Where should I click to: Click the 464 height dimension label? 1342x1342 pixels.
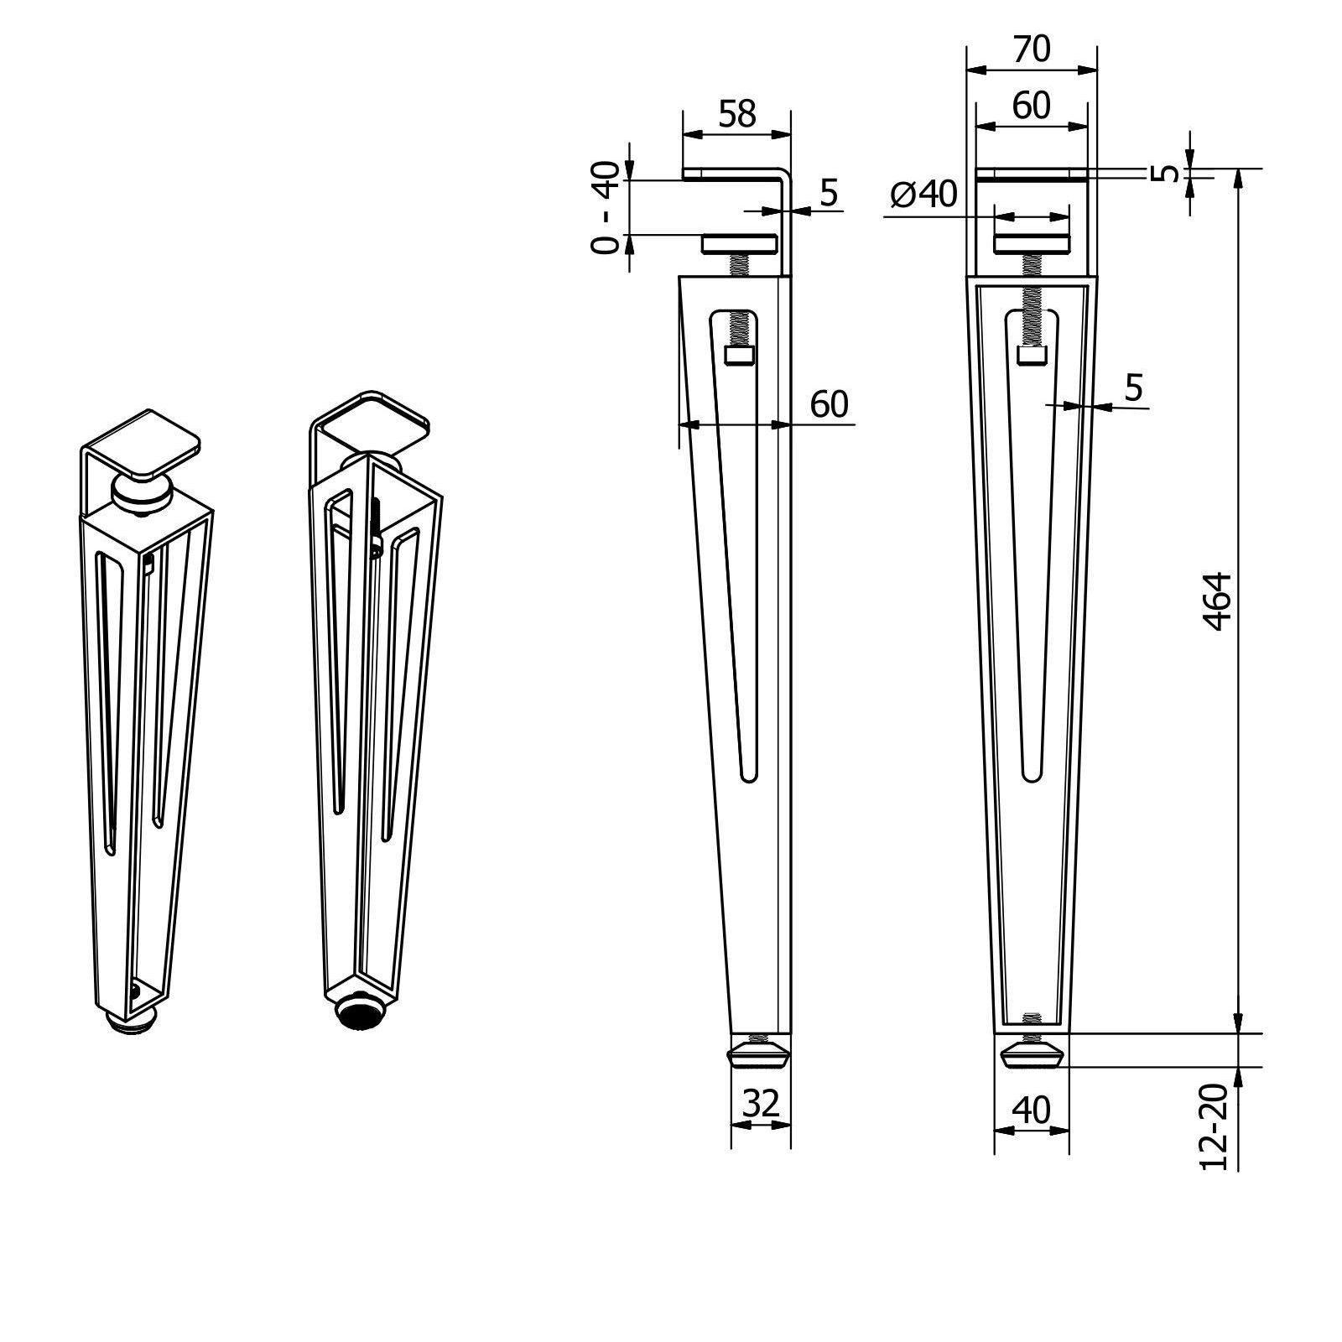(x=1217, y=601)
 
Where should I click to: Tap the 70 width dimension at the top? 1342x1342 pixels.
(x=1031, y=50)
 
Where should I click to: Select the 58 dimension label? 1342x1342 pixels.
(x=737, y=114)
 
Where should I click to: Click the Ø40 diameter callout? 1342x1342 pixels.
(x=923, y=195)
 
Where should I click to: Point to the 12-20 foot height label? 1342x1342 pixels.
(x=1215, y=1126)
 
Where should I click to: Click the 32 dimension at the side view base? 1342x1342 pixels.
(x=762, y=1104)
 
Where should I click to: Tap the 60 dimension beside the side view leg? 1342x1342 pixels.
(x=829, y=404)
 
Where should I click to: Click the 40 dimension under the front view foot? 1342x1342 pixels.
(x=1031, y=1111)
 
